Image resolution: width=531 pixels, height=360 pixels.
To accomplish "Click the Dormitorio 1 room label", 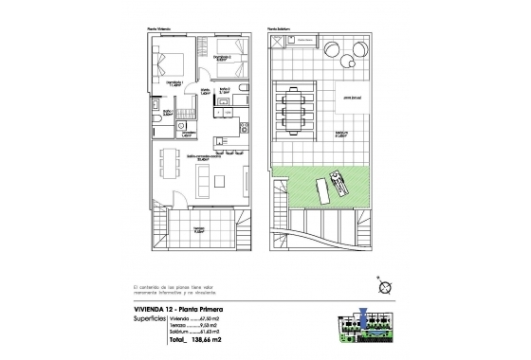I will click(175, 83).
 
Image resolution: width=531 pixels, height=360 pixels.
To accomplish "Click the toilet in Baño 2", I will click(243, 90).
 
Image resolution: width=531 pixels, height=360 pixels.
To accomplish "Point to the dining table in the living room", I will click(171, 158).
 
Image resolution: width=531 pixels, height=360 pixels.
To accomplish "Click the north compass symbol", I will click(384, 287).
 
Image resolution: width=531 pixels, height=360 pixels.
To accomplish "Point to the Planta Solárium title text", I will click(278, 29).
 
